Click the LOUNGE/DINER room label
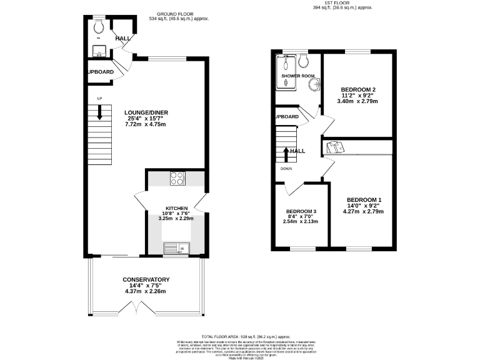click(x=147, y=112)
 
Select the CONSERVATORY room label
click(x=146, y=279)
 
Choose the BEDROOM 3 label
click(x=301, y=211)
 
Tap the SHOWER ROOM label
click(x=297, y=76)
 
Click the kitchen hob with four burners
click(x=177, y=178)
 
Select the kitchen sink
click(x=175, y=249)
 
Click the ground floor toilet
click(x=99, y=27)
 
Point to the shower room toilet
click(x=303, y=61)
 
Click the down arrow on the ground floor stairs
click(x=99, y=112)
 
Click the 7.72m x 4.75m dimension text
click(x=147, y=124)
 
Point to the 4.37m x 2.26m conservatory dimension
click(x=146, y=291)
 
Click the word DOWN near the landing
click(x=286, y=167)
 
